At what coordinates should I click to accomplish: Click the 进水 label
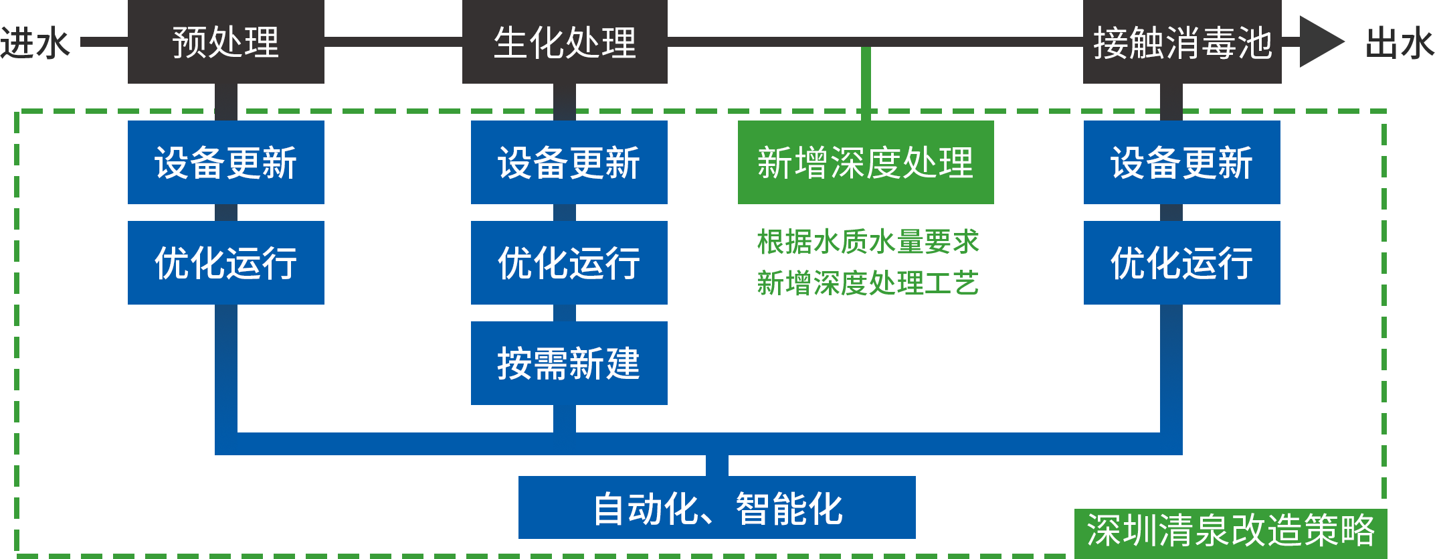click(x=33, y=43)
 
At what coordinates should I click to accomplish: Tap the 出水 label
click(x=1400, y=43)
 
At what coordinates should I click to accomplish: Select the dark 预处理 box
click(x=225, y=42)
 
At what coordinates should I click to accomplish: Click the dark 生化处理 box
click(x=564, y=42)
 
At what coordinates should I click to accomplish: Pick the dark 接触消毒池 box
click(x=1181, y=42)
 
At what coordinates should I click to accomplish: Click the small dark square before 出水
click(x=1322, y=42)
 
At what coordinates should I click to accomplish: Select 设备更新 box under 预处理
click(x=225, y=162)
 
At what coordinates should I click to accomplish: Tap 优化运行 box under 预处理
click(x=225, y=262)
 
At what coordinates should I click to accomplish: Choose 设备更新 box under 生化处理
click(x=569, y=162)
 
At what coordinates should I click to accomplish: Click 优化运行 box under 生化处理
click(x=569, y=262)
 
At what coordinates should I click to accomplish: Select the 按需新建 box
click(x=569, y=363)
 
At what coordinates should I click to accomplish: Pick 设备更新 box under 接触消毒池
click(x=1181, y=162)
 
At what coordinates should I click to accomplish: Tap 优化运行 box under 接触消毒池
click(x=1181, y=262)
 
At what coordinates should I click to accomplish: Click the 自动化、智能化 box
click(x=716, y=507)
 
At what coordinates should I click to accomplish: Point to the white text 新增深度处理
click(x=865, y=163)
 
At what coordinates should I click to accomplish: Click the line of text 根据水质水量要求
click(x=866, y=242)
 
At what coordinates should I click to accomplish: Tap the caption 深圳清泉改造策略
click(x=1230, y=530)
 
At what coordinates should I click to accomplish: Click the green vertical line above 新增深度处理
click(x=865, y=77)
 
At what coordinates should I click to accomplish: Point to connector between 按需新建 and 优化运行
click(x=564, y=313)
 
